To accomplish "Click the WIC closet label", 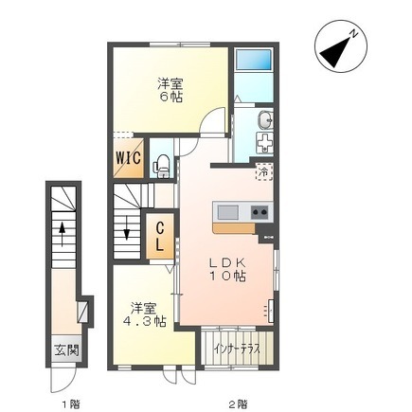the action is [129, 158].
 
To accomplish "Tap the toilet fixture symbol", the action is [163, 165].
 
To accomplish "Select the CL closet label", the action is [160, 236].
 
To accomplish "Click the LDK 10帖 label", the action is [227, 269].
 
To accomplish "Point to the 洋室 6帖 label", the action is [170, 91].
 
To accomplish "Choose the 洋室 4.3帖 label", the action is [144, 314].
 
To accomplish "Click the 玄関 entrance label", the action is [66, 350].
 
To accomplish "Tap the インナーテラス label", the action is [237, 349].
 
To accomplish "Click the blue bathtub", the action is [254, 60].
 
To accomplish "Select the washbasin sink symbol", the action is [265, 120].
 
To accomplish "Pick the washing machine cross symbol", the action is [265, 144].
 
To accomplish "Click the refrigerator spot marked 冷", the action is [263, 172].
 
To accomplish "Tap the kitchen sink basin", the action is [228, 212].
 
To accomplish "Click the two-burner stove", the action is [260, 212].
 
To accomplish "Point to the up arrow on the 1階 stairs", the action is [63, 234].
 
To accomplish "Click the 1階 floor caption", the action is [71, 403].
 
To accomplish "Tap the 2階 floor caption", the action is [238, 403].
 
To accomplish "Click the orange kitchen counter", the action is [234, 228].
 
